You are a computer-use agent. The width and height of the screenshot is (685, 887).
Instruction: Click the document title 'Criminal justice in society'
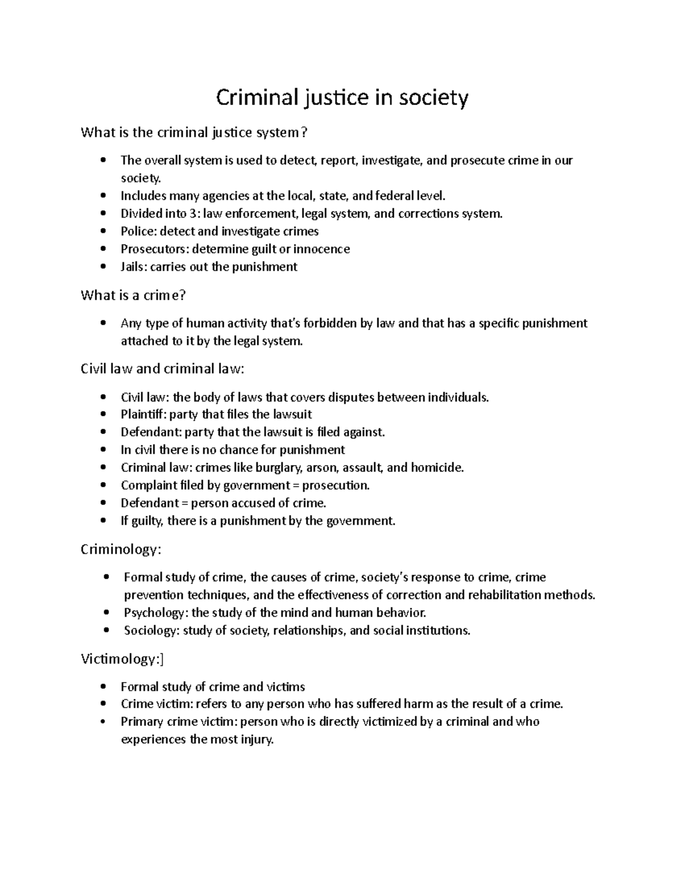click(342, 98)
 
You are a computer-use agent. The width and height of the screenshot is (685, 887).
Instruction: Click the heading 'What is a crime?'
click(134, 295)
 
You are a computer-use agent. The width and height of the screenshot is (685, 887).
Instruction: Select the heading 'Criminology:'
click(121, 549)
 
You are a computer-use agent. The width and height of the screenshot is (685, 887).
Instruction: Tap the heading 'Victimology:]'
click(122, 659)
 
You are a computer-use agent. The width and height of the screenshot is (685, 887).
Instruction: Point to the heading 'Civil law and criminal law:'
click(162, 368)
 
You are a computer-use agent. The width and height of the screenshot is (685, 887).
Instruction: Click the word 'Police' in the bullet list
click(138, 231)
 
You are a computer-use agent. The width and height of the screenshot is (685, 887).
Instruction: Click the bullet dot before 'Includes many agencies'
click(103, 196)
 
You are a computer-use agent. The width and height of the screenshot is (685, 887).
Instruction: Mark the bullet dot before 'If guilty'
click(103, 520)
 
